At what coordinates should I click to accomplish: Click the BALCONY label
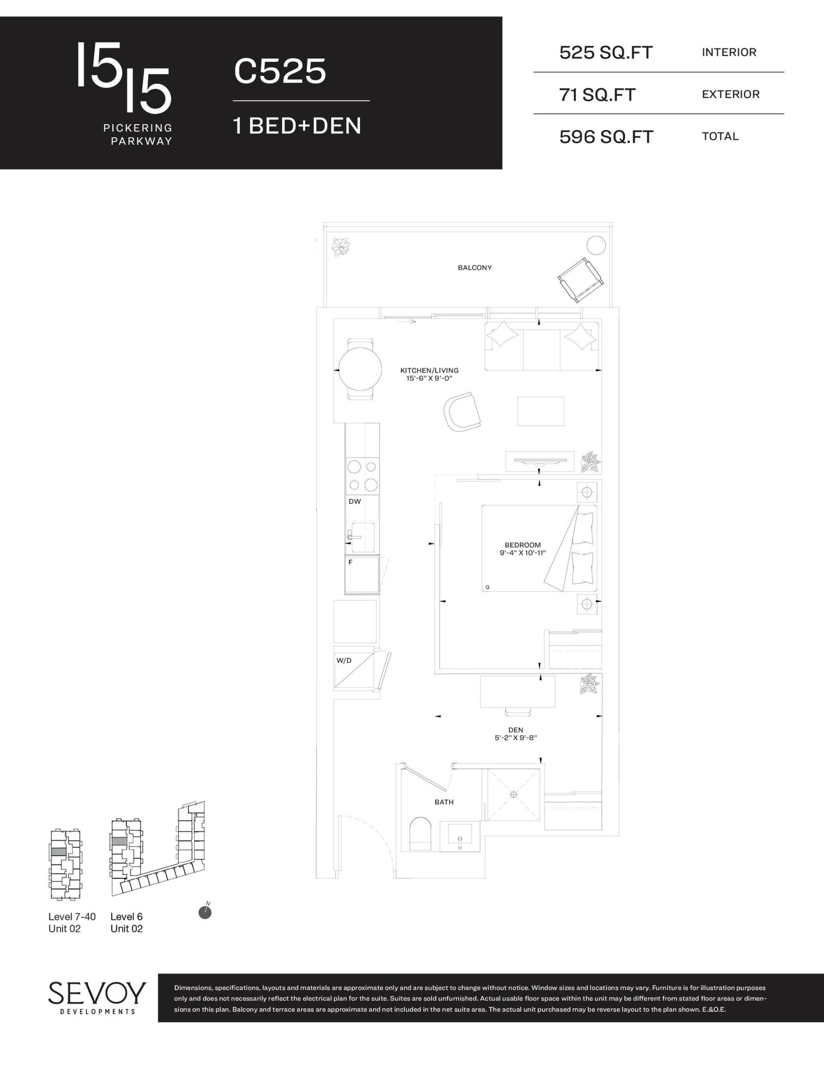pos(475,268)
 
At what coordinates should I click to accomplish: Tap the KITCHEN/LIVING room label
pos(430,370)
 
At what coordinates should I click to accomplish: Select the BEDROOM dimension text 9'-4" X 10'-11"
pos(523,553)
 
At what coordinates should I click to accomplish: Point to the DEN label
pos(516,730)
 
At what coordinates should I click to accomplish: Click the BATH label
pos(444,802)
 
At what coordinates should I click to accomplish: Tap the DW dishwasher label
pos(355,501)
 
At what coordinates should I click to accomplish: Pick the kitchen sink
pos(362,537)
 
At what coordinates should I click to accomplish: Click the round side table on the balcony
pos(596,245)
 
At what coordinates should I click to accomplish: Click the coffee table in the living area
pos(541,411)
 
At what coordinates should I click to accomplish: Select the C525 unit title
pos(280,71)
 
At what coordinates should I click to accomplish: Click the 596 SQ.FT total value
pos(606,137)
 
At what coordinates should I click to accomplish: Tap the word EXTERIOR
pos(731,94)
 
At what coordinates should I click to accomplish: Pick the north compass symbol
pos(205,911)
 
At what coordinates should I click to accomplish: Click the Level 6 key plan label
pos(127,917)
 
